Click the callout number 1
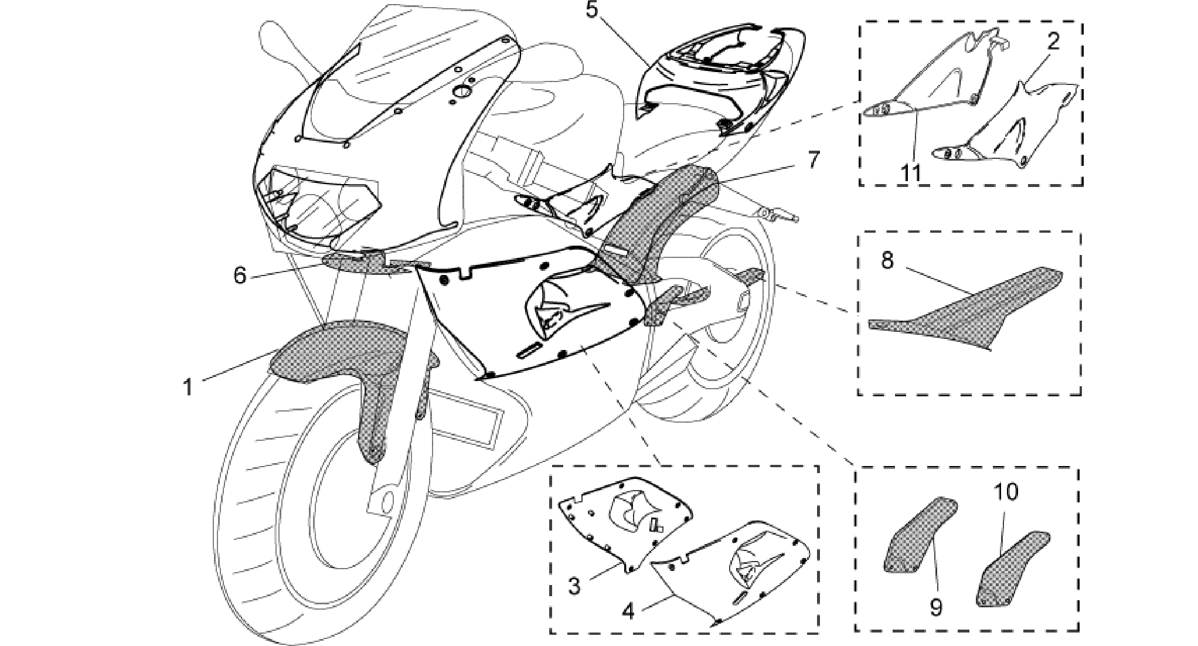tap(188, 387)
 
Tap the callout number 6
tap(240, 275)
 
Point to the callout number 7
tap(814, 160)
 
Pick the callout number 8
tap(887, 260)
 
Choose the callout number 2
tap(1053, 41)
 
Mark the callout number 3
tap(574, 586)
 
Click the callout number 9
tap(936, 607)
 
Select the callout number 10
tap(1006, 492)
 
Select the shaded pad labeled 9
tap(918, 535)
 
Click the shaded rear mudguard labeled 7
tap(651, 226)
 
